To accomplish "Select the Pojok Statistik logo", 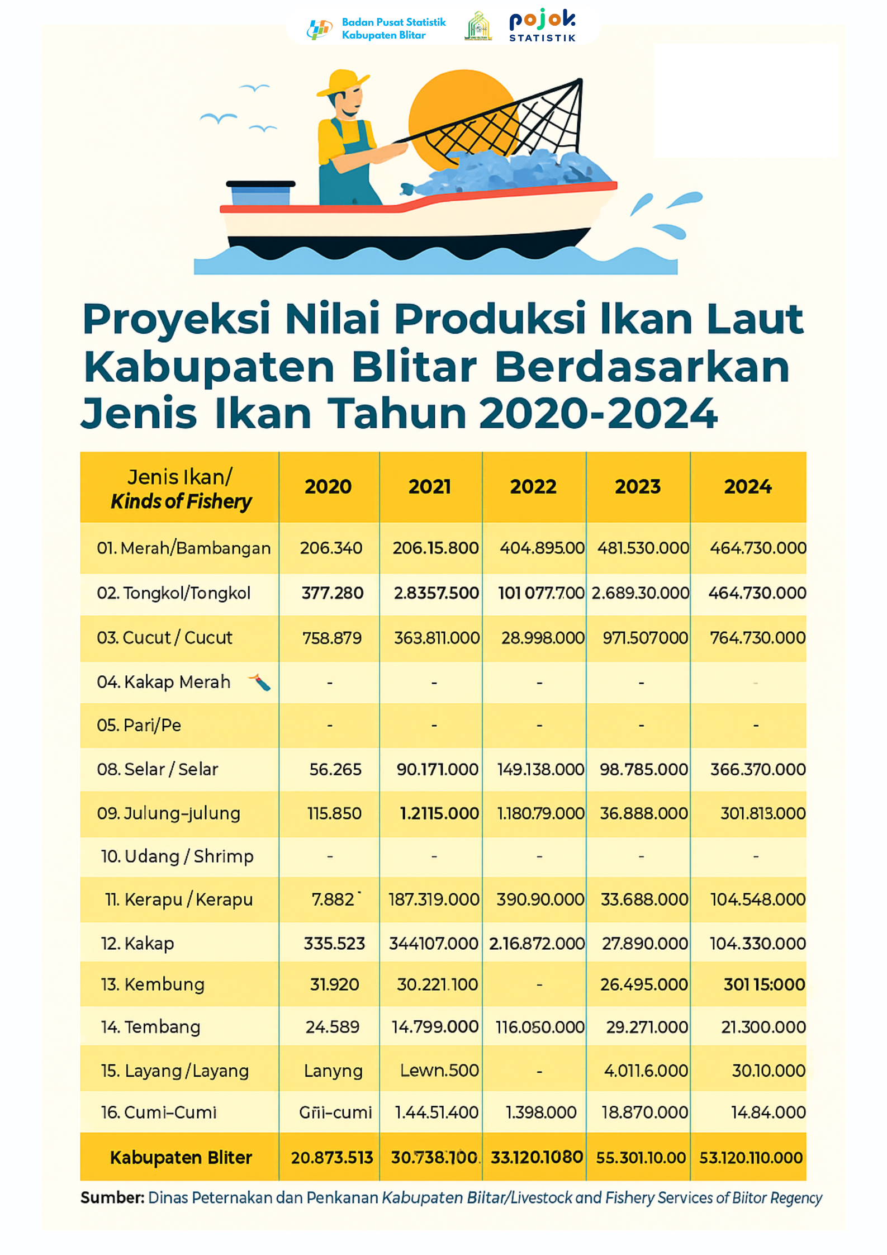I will click(x=542, y=26).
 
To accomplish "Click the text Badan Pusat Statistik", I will click(x=393, y=22).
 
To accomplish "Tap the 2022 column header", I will click(x=533, y=486).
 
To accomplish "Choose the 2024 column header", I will click(x=748, y=486).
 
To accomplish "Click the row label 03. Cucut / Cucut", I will click(x=164, y=638).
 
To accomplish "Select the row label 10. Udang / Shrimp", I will click(x=177, y=856).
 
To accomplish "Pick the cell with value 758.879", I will click(x=332, y=638).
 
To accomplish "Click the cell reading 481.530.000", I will click(x=643, y=548).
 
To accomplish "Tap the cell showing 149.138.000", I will click(x=540, y=769).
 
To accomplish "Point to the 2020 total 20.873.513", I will click(x=331, y=1157).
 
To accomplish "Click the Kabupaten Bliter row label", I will click(x=181, y=1157).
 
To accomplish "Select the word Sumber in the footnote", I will click(x=112, y=1197).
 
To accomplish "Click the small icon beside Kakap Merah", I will click(x=260, y=682).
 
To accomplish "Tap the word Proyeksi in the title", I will click(x=176, y=319).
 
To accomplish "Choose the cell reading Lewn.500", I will click(x=439, y=1070).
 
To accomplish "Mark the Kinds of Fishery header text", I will click(x=181, y=501).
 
